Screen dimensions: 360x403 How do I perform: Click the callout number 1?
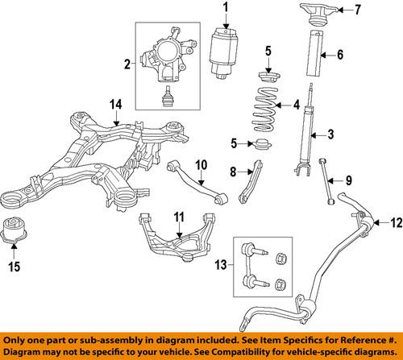tap(226, 9)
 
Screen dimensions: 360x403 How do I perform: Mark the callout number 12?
tap(387, 222)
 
